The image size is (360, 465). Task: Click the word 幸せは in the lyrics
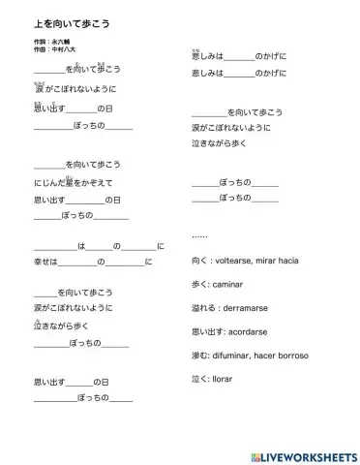(x=45, y=262)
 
